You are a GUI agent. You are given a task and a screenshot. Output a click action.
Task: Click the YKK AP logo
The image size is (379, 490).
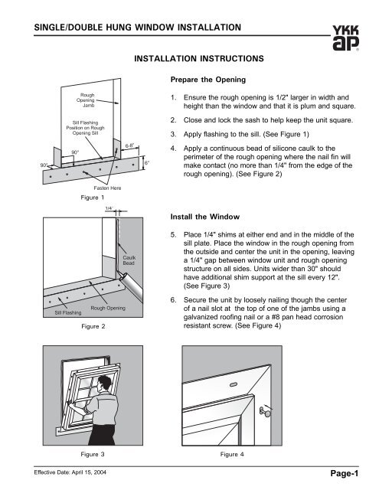click(345, 38)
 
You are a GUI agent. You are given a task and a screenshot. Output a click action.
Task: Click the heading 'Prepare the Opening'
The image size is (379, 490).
click(208, 80)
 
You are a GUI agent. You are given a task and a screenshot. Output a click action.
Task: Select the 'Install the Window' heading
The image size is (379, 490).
click(205, 217)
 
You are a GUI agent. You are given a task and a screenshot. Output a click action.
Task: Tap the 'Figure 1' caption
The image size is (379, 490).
click(93, 198)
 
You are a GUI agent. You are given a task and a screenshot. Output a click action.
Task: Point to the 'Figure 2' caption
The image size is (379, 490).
click(93, 326)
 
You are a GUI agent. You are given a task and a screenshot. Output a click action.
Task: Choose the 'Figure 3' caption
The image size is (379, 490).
click(93, 454)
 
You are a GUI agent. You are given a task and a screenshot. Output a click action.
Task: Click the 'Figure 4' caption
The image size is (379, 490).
click(232, 454)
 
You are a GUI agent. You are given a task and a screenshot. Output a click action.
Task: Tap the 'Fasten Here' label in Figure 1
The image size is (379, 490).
click(107, 188)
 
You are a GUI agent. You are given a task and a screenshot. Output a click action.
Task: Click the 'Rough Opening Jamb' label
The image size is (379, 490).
click(86, 100)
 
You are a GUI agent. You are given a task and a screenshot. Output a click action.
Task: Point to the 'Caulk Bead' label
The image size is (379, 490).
click(129, 260)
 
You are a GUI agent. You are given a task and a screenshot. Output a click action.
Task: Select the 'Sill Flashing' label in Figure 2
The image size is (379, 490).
click(68, 312)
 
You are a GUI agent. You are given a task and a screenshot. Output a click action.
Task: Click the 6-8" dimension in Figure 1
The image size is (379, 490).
click(129, 145)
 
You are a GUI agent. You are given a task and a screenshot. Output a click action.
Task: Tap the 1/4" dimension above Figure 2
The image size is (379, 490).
click(109, 208)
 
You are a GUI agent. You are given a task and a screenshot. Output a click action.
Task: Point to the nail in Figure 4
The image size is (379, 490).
click(265, 412)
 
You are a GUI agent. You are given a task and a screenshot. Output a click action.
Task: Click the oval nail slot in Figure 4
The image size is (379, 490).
click(234, 384)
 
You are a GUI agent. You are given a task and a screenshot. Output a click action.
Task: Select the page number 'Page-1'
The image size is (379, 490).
click(345, 474)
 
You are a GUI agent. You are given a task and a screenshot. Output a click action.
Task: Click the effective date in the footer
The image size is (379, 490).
click(70, 472)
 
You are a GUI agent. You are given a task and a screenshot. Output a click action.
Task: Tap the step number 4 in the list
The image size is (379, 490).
click(173, 149)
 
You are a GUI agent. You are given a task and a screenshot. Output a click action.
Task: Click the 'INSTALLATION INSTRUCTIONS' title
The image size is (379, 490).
click(199, 59)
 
